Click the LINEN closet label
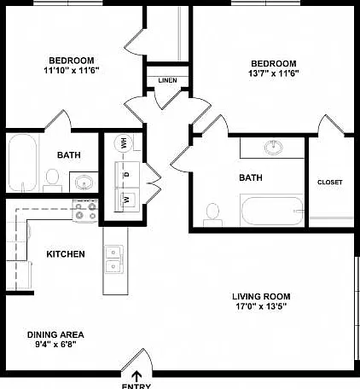167,80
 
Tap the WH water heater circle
124,143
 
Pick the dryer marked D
127,174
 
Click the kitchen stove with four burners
85,211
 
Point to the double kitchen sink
113,259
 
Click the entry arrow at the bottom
137,376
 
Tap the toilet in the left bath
52,180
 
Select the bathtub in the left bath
22,163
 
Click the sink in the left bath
84,183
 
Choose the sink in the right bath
274,148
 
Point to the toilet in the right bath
212,215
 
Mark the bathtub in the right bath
271,211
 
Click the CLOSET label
330,182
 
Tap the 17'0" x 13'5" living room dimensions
261,306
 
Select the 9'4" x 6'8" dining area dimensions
55,345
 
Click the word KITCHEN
66,254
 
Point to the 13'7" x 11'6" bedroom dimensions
274,73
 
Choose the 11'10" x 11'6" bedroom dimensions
72,70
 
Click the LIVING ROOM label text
261,297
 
